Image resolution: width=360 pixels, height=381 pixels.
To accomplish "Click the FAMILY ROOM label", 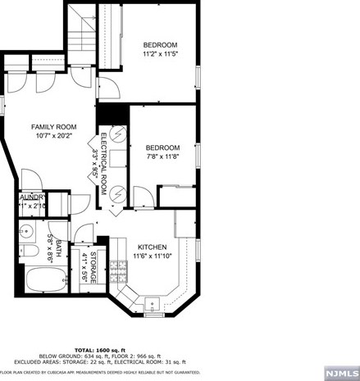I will click(53, 126).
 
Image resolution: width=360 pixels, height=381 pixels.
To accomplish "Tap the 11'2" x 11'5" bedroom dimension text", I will click(160, 54).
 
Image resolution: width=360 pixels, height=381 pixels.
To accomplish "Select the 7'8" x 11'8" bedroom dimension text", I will click(162, 157).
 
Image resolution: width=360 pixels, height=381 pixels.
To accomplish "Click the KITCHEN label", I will click(152, 247).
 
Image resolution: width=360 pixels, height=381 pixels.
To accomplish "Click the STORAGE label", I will click(93, 267).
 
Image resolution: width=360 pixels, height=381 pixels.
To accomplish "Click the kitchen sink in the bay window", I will click(153, 306).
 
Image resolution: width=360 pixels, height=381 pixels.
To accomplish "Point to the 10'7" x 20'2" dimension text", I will click(53, 136).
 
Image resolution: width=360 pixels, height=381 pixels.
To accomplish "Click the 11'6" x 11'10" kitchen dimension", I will click(152, 256).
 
